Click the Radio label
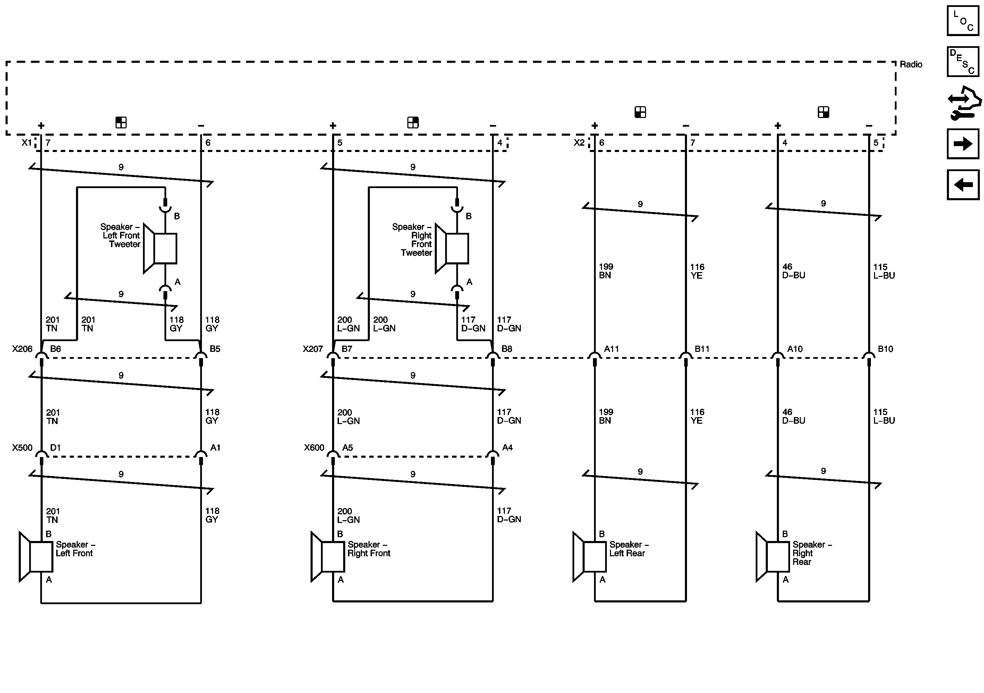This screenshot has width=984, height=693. (911, 65)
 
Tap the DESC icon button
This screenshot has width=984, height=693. (962, 62)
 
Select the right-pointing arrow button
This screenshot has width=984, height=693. (962, 144)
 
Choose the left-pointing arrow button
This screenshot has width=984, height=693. (962, 185)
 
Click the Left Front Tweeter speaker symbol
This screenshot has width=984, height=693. (160, 248)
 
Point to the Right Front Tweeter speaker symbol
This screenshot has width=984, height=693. (452, 248)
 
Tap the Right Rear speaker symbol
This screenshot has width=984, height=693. (773, 557)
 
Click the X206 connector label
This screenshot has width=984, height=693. (22, 349)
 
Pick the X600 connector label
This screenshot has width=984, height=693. (314, 447)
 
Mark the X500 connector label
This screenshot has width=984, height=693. (22, 447)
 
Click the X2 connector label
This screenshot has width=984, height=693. (579, 143)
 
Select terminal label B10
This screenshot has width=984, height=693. (885, 349)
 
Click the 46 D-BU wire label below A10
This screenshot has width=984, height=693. (793, 416)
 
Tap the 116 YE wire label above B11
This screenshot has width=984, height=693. (697, 271)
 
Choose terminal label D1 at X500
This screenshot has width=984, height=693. (55, 447)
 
